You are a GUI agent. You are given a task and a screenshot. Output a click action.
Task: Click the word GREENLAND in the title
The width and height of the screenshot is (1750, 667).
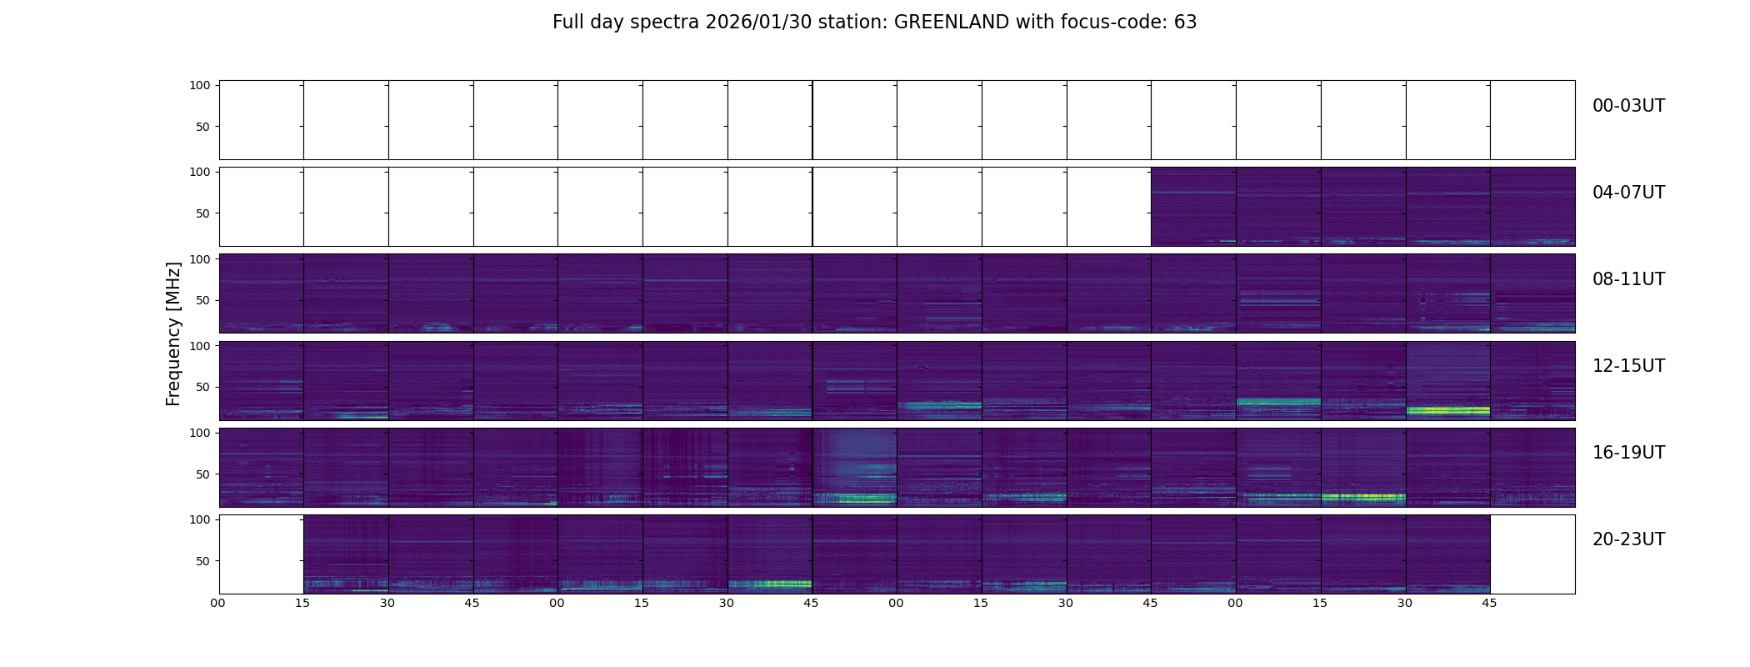(951, 23)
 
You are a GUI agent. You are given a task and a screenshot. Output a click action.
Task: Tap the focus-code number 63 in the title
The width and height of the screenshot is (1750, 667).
(1185, 23)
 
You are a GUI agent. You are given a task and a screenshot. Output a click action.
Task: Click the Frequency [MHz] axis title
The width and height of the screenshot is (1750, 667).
(173, 333)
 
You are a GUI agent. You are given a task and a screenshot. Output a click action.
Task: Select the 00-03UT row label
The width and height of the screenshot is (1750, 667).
(1628, 106)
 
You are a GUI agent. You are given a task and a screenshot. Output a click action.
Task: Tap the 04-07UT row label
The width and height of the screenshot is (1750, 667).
(1628, 193)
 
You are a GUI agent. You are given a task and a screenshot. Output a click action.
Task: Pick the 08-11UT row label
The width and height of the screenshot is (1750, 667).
(1628, 279)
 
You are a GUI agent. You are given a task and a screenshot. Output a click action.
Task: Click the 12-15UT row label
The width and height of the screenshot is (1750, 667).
(1628, 366)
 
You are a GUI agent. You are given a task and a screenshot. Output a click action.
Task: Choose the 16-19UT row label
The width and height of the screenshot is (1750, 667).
(1628, 453)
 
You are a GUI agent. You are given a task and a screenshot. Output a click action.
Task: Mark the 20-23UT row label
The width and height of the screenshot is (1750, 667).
(1628, 539)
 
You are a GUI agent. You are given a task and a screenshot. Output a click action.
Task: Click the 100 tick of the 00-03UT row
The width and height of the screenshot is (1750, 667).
(200, 85)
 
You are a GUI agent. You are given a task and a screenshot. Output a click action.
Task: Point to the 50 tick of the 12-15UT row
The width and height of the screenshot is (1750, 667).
(202, 387)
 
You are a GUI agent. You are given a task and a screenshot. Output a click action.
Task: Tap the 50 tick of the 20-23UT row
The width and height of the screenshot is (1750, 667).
(202, 561)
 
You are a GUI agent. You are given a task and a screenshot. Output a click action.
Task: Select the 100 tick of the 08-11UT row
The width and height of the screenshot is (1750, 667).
(200, 259)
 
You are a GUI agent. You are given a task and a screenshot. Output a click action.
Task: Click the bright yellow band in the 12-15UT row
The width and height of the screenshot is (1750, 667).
(1447, 410)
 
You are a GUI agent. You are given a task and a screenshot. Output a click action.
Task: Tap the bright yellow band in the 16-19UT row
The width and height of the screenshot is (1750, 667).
(1363, 497)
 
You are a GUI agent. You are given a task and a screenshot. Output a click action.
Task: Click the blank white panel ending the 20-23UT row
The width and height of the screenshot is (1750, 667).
(1532, 554)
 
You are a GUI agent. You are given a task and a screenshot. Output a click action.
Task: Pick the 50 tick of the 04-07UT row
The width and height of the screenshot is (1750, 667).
(202, 213)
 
